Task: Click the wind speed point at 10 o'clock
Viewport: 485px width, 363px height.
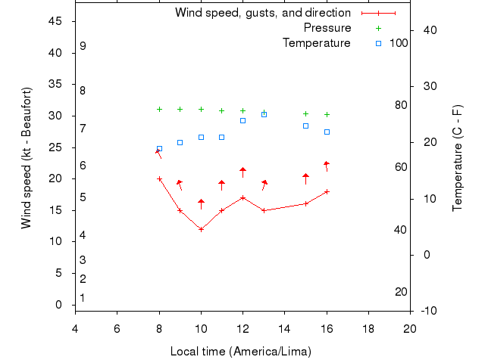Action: (x=201, y=229)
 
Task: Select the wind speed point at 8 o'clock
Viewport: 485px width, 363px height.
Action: (x=159, y=178)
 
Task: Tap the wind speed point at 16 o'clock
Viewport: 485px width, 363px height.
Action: (x=327, y=191)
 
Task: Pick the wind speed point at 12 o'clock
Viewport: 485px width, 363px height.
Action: (x=242, y=197)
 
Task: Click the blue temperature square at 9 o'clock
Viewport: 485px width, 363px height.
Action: (x=180, y=142)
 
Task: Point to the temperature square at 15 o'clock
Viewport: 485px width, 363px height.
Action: (x=305, y=126)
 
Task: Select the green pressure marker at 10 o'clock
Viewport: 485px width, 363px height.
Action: (x=201, y=109)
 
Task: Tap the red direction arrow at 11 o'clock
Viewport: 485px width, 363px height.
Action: (x=221, y=184)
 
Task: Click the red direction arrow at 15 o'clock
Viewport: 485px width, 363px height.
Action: (x=305, y=178)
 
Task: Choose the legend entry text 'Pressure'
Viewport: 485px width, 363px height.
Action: (x=327, y=28)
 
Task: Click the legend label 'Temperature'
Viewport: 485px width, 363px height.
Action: (x=316, y=43)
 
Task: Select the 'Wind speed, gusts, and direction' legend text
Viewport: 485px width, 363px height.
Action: (x=262, y=13)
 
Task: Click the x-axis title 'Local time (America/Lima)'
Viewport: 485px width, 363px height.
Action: (x=241, y=352)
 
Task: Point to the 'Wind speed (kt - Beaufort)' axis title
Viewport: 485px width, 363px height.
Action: (x=27, y=157)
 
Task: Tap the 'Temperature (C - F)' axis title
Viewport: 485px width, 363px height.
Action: (x=458, y=157)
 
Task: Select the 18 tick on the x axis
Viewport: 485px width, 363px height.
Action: (x=368, y=328)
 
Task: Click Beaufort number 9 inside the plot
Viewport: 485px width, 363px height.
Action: (x=83, y=46)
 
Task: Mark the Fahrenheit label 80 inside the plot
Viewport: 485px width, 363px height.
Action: (x=401, y=105)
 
